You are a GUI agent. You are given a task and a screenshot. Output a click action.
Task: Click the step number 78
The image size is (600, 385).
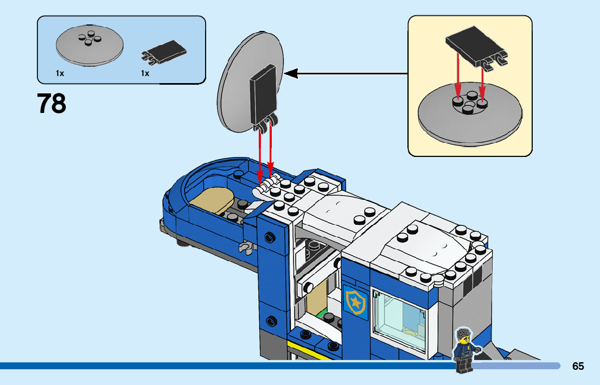click(x=52, y=104)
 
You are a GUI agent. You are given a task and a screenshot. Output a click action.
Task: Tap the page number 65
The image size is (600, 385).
click(x=578, y=366)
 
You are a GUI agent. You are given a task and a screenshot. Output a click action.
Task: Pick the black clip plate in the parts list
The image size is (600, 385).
click(x=165, y=51)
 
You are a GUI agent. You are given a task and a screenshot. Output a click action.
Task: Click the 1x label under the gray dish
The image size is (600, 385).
click(x=60, y=73)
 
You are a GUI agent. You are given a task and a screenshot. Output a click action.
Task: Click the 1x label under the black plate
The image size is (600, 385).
click(x=145, y=73)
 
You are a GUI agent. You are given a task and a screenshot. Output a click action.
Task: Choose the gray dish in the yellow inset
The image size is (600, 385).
click(x=470, y=117)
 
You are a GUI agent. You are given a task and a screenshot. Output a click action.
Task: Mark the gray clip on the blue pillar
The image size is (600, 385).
click(x=245, y=248)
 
